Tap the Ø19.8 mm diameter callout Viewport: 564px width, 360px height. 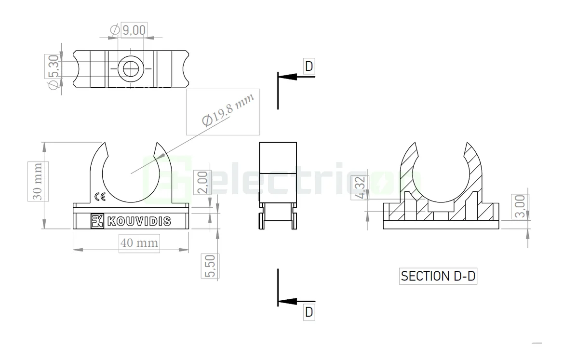pyautogui.click(x=228, y=110)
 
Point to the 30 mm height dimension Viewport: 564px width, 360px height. pyautogui.click(x=37, y=181)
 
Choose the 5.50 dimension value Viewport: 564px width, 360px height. pyautogui.click(x=210, y=266)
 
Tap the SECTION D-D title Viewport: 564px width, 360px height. pyautogui.click(x=438, y=276)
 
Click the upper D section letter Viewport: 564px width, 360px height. pyautogui.click(x=309, y=66)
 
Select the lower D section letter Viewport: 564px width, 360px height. pyautogui.click(x=309, y=312)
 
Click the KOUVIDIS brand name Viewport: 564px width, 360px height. pyautogui.click(x=139, y=221)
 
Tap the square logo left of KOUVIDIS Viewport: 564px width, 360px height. pyautogui.click(x=97, y=221)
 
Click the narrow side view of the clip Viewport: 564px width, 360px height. pyautogui.click(x=278, y=186)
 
